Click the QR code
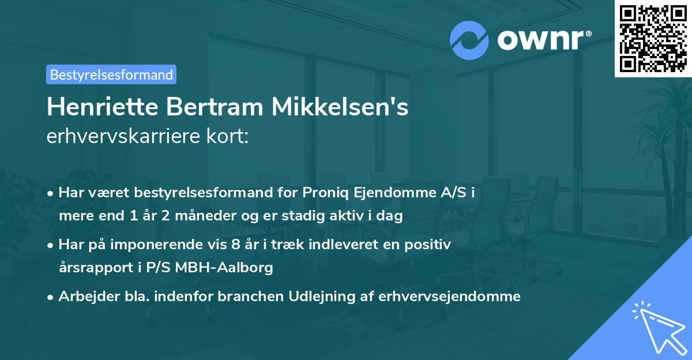[652, 38]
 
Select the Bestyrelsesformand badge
[111, 74]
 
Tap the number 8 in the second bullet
[236, 245]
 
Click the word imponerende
[162, 245]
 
